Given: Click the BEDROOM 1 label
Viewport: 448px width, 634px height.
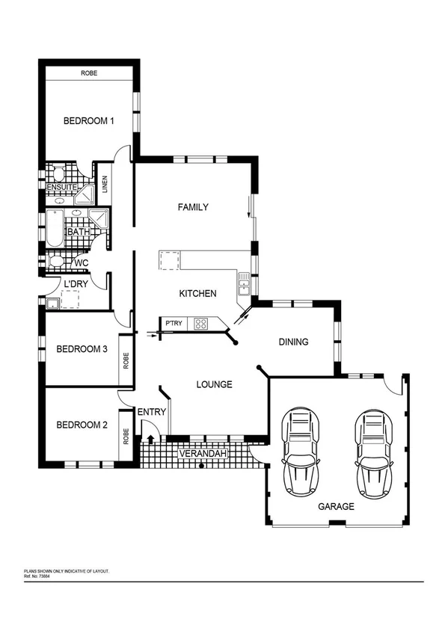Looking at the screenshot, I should pos(88,121).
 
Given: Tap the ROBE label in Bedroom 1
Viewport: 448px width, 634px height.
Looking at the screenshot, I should pos(89,73).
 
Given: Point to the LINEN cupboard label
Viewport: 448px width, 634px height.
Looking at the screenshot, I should pos(105,184).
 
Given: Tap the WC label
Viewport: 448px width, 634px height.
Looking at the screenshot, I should pos(81,262).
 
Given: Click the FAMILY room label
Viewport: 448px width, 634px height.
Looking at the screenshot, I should pos(192,207).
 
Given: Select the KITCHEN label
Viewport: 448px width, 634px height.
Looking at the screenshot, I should pos(198,294).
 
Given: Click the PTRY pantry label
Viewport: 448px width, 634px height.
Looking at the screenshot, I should pos(174,324).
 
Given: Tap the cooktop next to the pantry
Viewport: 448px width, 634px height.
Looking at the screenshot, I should pos(201,324).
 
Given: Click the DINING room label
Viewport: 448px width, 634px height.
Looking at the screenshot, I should pos(293,342).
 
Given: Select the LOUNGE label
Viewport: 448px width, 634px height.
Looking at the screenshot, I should pos(214,384).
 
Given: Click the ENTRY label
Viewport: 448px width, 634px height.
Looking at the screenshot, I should pos(152,412).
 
